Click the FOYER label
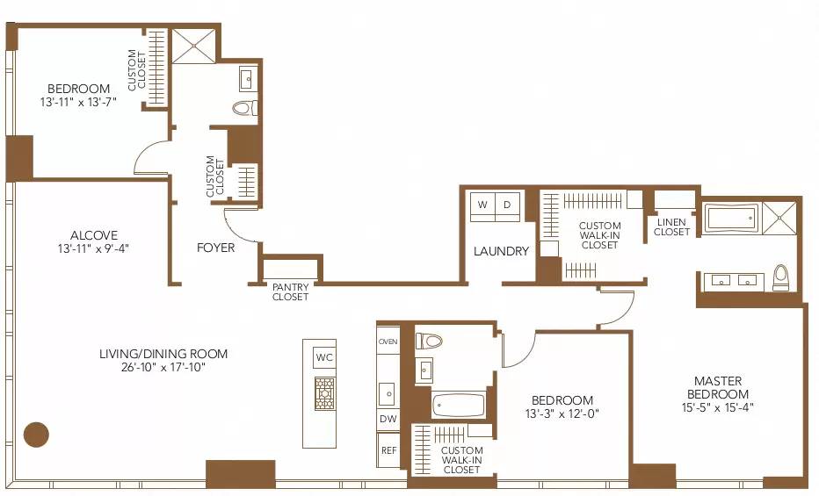[x=215, y=248]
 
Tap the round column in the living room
[x=36, y=434]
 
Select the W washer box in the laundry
[x=482, y=205]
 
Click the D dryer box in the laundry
[x=507, y=205]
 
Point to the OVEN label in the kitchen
[x=388, y=341]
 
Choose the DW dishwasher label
[x=388, y=420]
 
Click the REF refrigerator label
[x=388, y=450]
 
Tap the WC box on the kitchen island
[x=324, y=357]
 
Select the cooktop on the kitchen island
[x=324, y=393]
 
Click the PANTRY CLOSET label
[x=290, y=291]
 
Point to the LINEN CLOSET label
[x=672, y=226]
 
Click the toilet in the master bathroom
[x=780, y=277]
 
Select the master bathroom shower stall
[x=779, y=217]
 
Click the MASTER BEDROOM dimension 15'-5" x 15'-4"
[x=718, y=406]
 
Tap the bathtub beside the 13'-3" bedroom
[x=458, y=405]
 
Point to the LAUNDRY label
[x=501, y=251]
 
